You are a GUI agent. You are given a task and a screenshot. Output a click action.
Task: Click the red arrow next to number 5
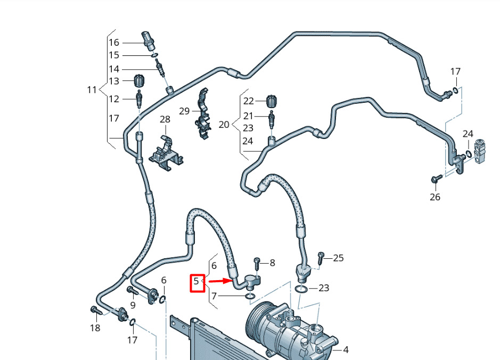click(220, 281)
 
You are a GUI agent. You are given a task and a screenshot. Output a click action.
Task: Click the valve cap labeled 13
click(139, 80)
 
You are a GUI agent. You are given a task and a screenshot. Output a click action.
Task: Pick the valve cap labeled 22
click(272, 101)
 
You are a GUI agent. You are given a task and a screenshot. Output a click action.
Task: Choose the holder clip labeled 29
click(203, 113)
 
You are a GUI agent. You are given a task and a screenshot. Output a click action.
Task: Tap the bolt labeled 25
click(321, 258)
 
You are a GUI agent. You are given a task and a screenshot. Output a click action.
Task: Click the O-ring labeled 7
click(250, 297)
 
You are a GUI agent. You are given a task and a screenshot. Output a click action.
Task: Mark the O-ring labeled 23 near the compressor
click(301, 290)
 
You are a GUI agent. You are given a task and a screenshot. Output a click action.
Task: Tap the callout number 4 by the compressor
click(346, 350)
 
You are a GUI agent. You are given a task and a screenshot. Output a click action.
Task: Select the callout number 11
click(92, 90)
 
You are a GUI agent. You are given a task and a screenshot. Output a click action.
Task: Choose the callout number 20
click(224, 125)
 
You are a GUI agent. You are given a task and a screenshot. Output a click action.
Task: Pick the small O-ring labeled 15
click(154, 55)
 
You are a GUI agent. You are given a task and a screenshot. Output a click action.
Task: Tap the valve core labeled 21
click(272, 119)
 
